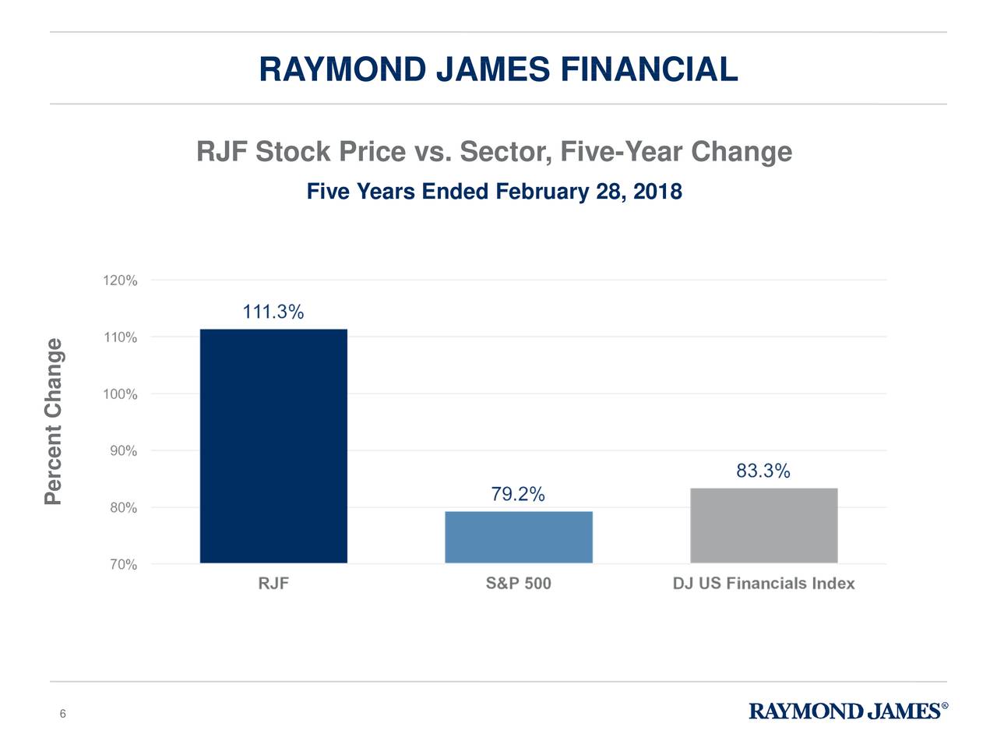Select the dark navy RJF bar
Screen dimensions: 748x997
coord(273,446)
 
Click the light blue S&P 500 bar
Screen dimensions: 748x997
coord(518,537)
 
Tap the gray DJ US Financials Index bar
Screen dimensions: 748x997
coord(763,525)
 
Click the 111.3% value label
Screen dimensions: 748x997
coord(273,312)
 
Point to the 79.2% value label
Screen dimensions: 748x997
coord(518,495)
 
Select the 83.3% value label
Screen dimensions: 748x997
coord(763,471)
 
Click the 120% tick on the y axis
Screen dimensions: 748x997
coord(120,280)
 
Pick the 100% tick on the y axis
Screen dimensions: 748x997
coord(120,394)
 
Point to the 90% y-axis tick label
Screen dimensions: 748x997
coord(122,451)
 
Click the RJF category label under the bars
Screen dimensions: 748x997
coord(273,584)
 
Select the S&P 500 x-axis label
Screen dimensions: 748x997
coord(518,584)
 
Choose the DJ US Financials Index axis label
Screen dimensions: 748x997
coord(763,584)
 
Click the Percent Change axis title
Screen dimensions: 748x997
coord(53,421)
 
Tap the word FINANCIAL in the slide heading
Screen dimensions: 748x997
coord(648,69)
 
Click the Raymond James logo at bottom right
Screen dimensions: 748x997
coord(847,711)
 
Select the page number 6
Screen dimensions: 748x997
coord(62,714)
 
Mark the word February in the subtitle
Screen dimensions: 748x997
coord(541,192)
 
